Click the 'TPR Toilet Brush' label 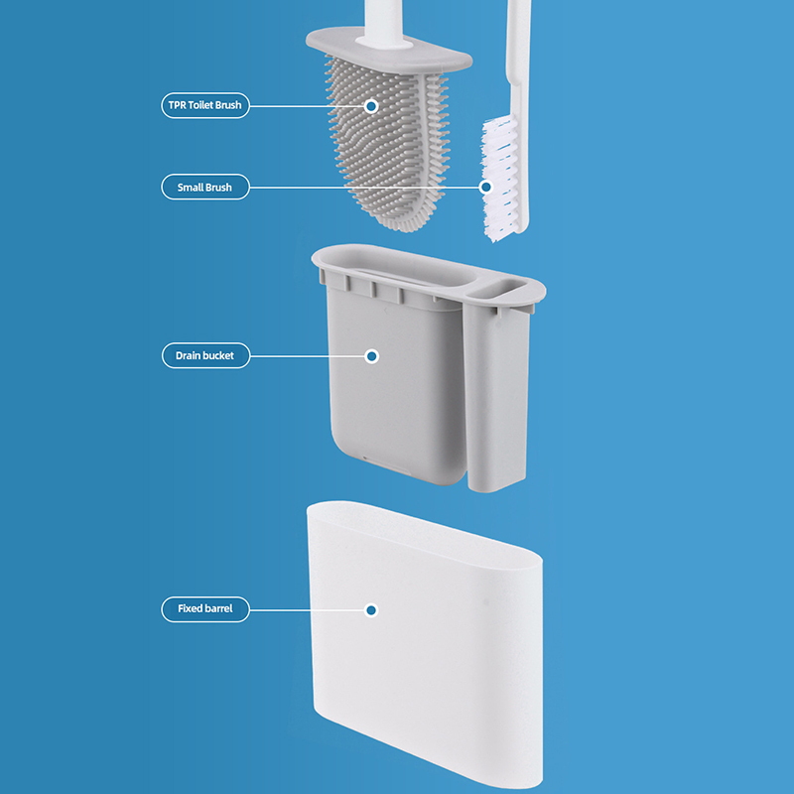205,105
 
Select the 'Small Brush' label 205,187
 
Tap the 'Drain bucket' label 205,355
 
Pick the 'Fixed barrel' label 205,608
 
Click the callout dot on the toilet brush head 371,106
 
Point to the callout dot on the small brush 485,187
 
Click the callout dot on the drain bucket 371,356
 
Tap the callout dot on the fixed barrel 371,610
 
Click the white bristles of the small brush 499,179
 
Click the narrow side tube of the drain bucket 496,395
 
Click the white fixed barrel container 425,643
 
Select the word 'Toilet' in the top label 200,105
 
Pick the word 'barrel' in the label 218,608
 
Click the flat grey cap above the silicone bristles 389,51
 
